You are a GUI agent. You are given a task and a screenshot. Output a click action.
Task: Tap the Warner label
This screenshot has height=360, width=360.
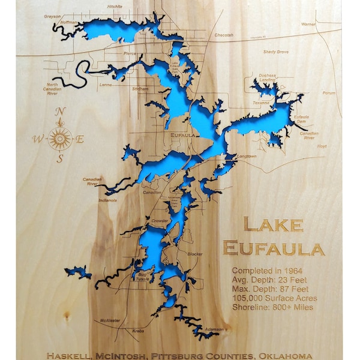(x=308, y=24)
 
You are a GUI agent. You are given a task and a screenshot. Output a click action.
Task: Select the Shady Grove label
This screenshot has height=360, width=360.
(x=275, y=52)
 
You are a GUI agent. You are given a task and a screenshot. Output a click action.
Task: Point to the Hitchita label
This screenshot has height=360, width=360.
(x=115, y=7)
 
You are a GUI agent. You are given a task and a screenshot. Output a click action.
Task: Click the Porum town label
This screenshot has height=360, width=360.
(x=329, y=93)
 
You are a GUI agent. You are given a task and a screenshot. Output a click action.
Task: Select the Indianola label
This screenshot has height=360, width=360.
(x=108, y=200)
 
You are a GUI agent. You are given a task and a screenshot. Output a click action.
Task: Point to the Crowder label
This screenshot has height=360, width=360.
(x=160, y=221)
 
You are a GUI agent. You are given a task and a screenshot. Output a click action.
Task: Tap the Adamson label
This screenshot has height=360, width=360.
(x=214, y=329)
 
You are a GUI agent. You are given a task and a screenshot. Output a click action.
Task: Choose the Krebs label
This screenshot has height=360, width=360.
(x=138, y=331)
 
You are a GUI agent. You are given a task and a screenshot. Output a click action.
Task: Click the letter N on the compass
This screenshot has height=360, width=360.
(x=59, y=112)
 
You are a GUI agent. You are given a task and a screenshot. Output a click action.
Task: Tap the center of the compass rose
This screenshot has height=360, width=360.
(x=60, y=139)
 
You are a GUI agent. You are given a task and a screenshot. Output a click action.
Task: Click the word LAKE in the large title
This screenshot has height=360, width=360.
(x=273, y=226)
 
